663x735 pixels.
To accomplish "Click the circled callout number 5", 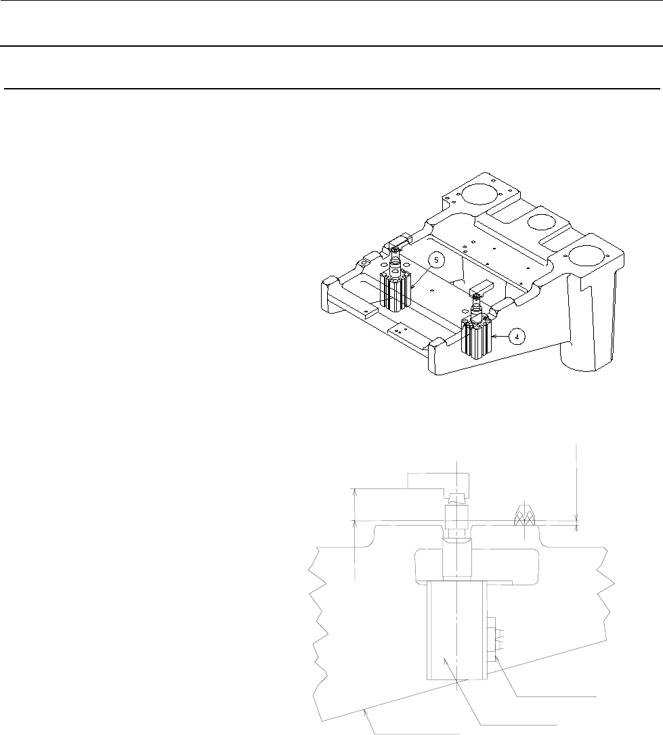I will click(x=436, y=259).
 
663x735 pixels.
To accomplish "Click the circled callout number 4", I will click(x=517, y=337).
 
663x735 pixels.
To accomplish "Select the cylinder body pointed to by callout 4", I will click(x=478, y=338).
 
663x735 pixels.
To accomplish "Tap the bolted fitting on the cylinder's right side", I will click(x=495, y=636).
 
